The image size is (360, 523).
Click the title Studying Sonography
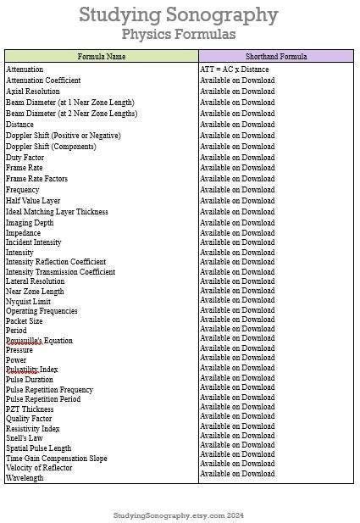[x=179, y=14]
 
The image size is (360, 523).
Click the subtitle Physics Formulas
[x=179, y=34]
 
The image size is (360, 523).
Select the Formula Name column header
[x=102, y=56]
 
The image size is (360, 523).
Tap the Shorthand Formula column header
[x=276, y=56]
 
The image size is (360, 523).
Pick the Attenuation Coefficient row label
[x=44, y=81]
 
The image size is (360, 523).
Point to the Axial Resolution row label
[x=33, y=92]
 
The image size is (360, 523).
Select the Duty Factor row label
[x=25, y=157]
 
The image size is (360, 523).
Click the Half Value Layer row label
[x=33, y=201]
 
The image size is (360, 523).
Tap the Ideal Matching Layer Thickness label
[x=57, y=212]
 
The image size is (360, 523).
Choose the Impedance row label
[x=24, y=233]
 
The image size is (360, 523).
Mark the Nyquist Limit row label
[x=29, y=301]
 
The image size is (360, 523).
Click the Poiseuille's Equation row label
[x=39, y=341]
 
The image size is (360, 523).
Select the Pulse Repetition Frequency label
[x=49, y=389]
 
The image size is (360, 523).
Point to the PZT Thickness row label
[x=30, y=409]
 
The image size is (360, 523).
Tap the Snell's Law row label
[x=25, y=438]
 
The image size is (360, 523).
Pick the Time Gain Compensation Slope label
[x=57, y=458]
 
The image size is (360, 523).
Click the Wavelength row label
[x=25, y=478]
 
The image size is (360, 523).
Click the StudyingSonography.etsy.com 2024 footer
[x=179, y=515]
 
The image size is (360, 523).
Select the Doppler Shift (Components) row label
[x=52, y=146]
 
